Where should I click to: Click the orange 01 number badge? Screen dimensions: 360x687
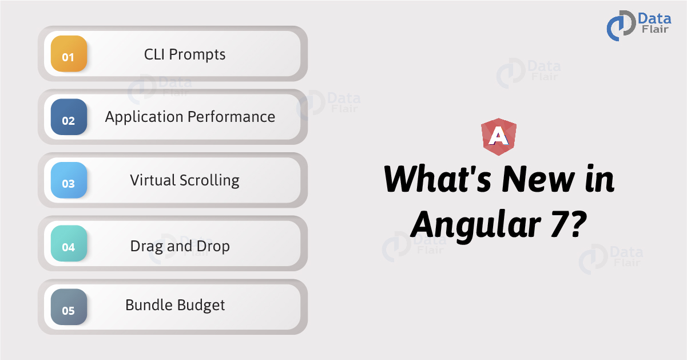point(69,54)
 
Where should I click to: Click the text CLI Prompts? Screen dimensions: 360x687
point(185,54)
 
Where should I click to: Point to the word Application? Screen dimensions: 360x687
point(144,117)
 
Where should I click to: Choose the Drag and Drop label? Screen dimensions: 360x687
point(180,247)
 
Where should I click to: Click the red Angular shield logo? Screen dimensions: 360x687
point(499,137)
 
